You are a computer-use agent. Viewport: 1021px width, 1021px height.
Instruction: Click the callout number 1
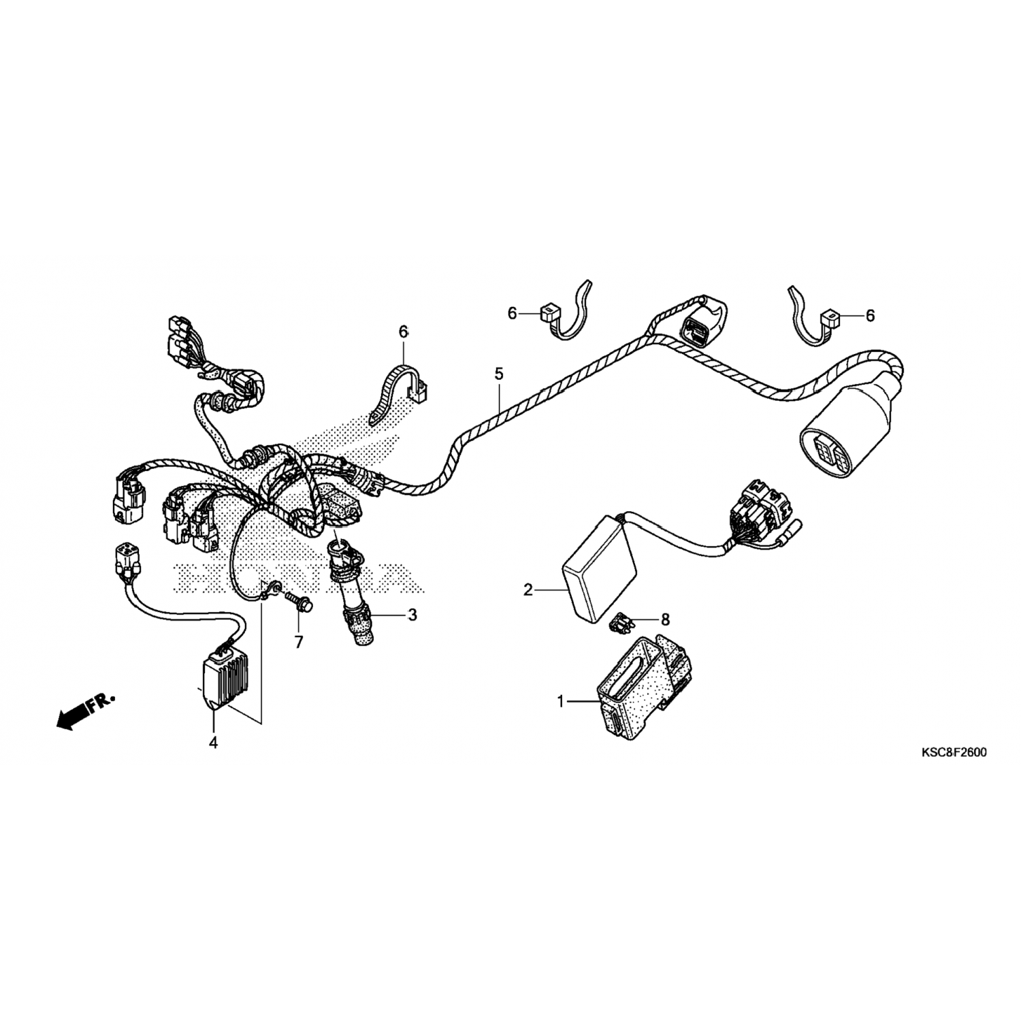pyautogui.click(x=562, y=702)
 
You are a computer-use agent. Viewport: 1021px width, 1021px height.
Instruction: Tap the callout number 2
pyautogui.click(x=528, y=590)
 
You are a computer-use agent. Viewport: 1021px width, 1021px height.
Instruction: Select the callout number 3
pyautogui.click(x=412, y=615)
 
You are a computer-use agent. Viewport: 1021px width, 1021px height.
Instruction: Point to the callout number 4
pyautogui.click(x=213, y=743)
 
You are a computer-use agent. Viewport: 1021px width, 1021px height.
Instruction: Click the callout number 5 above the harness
pyautogui.click(x=499, y=373)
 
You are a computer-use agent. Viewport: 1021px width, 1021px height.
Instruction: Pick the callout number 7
pyautogui.click(x=298, y=642)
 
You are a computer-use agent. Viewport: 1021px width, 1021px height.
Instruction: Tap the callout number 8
pyautogui.click(x=665, y=619)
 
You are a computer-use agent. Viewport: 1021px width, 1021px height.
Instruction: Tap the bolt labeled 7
pyautogui.click(x=299, y=601)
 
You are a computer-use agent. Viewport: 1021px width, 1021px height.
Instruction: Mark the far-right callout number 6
pyautogui.click(x=870, y=315)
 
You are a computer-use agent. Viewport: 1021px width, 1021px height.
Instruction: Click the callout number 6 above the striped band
pyautogui.click(x=403, y=331)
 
